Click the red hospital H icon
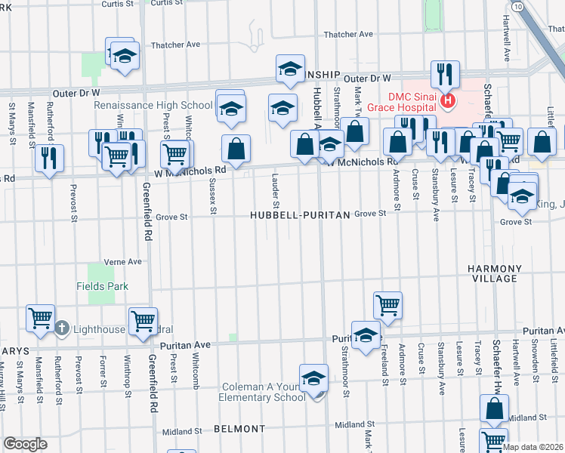point(448,100)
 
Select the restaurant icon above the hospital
point(443,74)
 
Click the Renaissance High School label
point(153,105)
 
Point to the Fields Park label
point(102,286)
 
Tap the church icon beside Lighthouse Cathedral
point(62,328)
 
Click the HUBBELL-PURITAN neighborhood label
point(301,215)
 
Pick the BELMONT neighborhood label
point(239,428)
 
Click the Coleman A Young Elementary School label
point(263,392)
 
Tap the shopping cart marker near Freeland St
point(387,305)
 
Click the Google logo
point(25,443)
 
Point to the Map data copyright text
point(533,447)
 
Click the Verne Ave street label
point(125,261)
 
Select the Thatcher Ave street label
point(348,34)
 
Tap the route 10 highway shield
point(517,6)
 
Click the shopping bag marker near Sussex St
point(236,148)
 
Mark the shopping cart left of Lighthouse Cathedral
point(39,318)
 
